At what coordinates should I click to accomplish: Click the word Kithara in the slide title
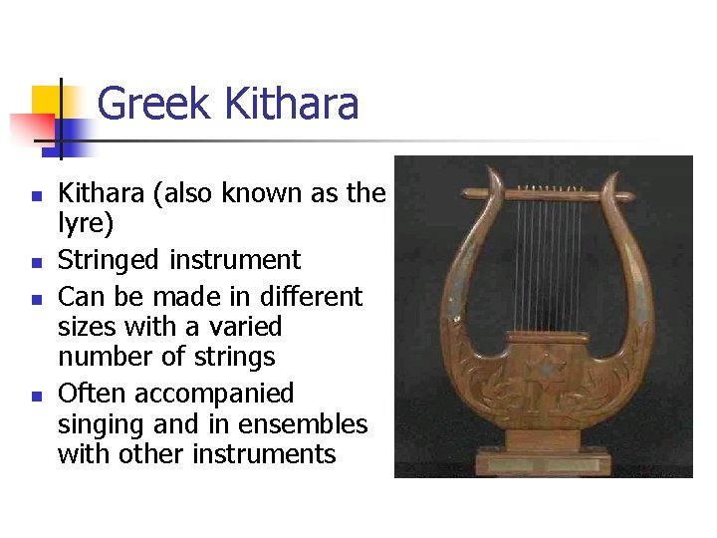(292, 105)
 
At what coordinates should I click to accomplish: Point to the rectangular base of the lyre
(544, 461)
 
